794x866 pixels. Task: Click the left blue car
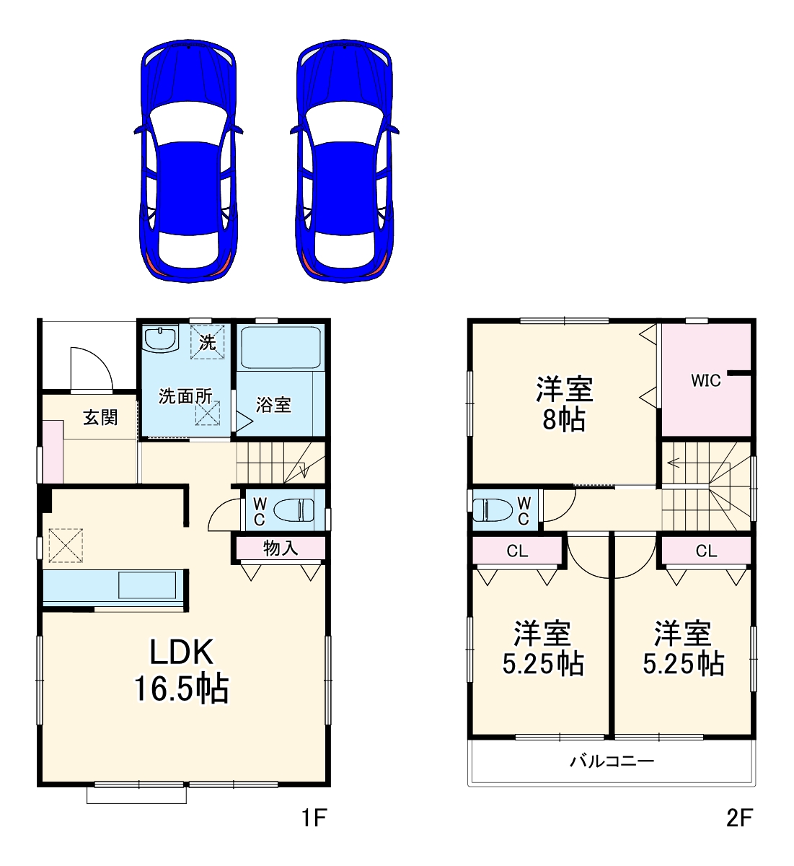click(x=188, y=161)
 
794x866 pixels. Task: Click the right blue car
click(x=344, y=161)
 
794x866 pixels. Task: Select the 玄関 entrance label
click(x=100, y=417)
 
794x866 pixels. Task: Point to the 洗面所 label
click(x=185, y=396)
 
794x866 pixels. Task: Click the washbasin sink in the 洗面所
click(x=161, y=340)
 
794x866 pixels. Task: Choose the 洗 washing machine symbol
click(x=208, y=342)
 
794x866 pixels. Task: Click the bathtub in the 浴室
click(x=281, y=348)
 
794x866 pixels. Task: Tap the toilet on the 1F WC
click(x=294, y=510)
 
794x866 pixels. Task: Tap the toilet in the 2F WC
click(x=493, y=510)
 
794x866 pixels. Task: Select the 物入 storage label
click(x=281, y=548)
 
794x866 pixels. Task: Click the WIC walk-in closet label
click(x=706, y=380)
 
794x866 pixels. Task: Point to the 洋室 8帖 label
click(x=565, y=404)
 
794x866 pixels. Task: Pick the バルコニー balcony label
click(x=612, y=760)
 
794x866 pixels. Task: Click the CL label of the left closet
click(x=517, y=551)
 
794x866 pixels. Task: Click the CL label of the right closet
click(x=707, y=551)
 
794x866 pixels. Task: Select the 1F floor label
click(x=314, y=817)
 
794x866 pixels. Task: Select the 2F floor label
click(x=740, y=817)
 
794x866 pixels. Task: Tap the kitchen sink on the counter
click(x=147, y=585)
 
